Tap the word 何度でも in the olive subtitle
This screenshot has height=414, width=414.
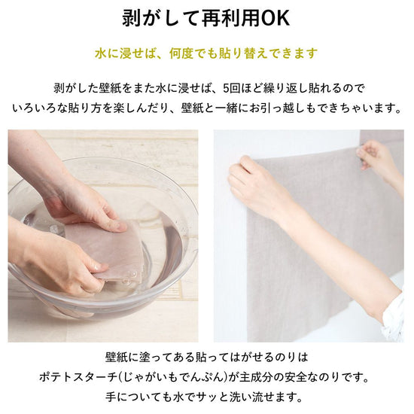click(x=194, y=53)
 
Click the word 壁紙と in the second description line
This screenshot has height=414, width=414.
click(x=198, y=108)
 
